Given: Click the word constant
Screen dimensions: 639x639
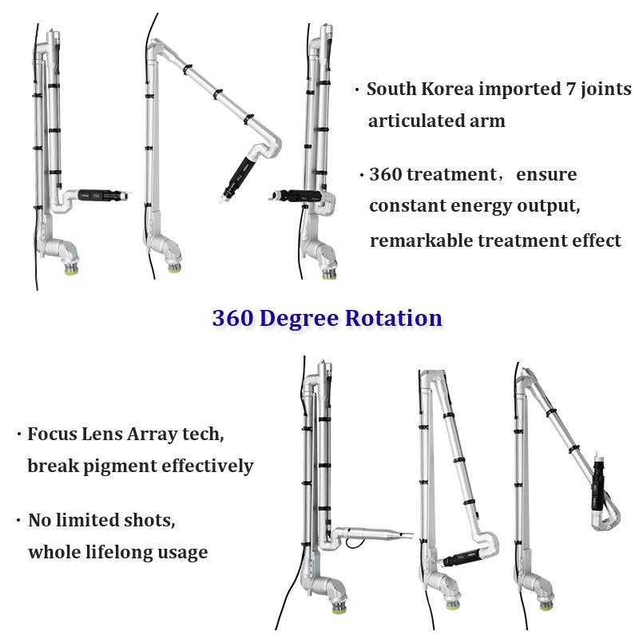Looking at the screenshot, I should [407, 206].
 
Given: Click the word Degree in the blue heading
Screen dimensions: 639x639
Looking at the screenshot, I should [298, 318].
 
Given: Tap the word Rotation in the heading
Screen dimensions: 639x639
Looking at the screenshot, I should [394, 318].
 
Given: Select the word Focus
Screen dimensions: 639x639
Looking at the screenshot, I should [51, 435].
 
